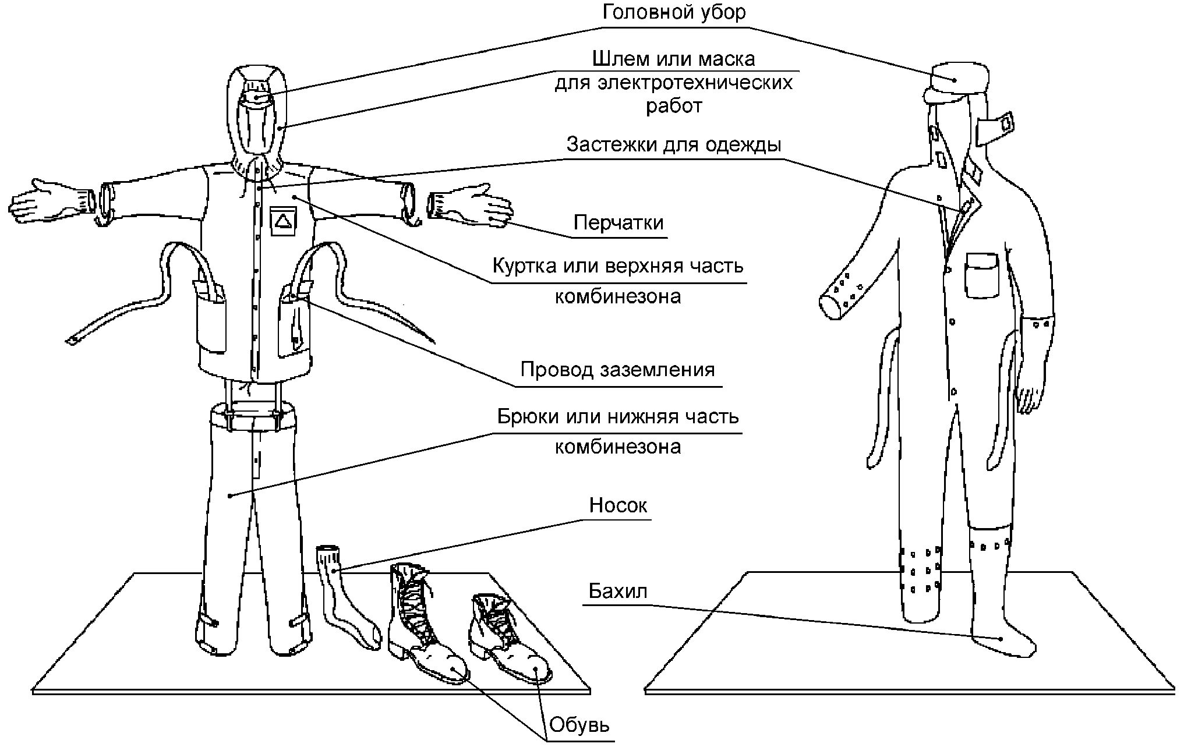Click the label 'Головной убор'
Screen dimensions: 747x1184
click(673, 13)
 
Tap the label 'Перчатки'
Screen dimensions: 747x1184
click(618, 222)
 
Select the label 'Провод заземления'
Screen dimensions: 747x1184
click(617, 370)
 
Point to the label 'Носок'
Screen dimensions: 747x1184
click(618, 505)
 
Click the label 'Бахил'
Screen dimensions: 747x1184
click(618, 591)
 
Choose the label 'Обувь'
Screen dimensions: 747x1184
click(579, 725)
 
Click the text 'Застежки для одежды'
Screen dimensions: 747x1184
click(674, 144)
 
